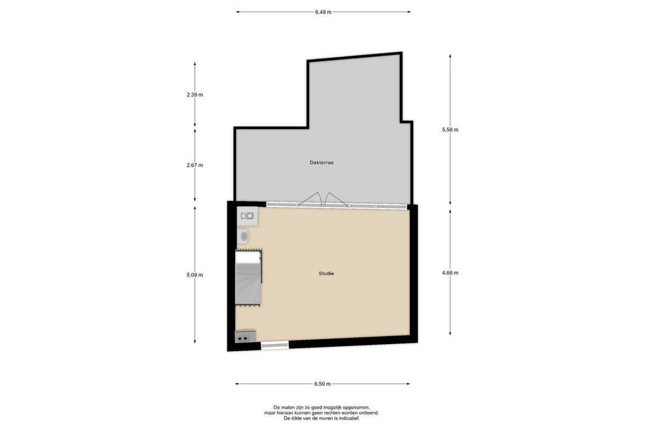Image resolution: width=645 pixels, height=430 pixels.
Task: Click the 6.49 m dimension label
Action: point(323,12)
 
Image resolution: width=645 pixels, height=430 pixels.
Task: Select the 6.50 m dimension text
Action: point(322,384)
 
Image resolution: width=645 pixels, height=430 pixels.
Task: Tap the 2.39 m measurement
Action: point(195,95)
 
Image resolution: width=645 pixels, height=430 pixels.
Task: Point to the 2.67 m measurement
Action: point(195,166)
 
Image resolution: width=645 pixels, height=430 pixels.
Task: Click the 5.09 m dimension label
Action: point(195,275)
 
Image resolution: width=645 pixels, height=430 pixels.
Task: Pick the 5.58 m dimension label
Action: point(450,130)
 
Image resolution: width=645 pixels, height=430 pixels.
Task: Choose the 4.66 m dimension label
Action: point(450,273)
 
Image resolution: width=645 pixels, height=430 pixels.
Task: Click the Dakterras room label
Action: point(321,163)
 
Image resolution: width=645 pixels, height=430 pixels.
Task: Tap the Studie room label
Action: point(326,274)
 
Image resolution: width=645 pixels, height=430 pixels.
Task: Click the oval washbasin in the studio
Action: point(243,236)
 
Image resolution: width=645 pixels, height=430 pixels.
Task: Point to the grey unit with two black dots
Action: point(245,336)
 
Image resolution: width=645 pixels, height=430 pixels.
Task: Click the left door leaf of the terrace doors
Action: point(311,199)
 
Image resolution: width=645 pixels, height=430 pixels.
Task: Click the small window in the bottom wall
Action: point(275,345)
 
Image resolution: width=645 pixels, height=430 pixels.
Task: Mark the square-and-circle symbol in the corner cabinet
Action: point(247,216)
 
